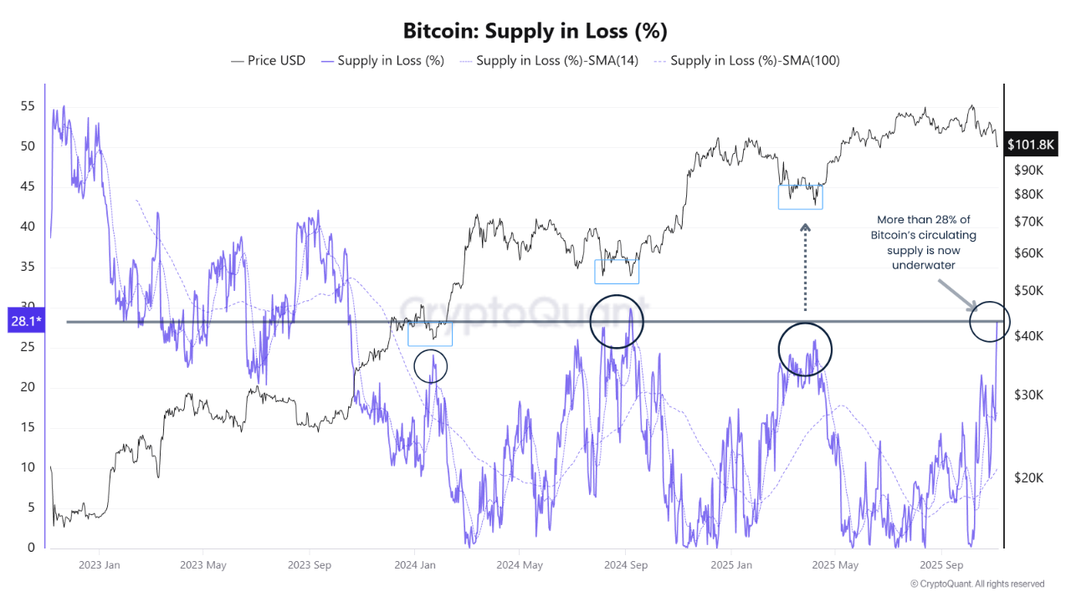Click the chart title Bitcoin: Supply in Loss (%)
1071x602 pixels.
[535, 31]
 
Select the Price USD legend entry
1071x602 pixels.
[268, 60]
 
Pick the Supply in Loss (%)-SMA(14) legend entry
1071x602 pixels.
[547, 60]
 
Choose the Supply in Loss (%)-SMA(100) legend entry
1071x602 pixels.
[746, 60]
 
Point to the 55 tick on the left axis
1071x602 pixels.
[27, 106]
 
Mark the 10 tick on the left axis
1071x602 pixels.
[27, 467]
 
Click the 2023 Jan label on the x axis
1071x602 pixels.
[100, 565]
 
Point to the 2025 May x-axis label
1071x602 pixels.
[837, 565]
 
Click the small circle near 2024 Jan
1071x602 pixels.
[431, 365]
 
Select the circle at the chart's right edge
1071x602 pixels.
[990, 321]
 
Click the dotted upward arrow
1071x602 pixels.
[805, 268]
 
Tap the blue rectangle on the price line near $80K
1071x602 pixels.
[800, 196]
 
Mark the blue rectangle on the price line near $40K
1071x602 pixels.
[430, 334]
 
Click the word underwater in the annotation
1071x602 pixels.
[922, 265]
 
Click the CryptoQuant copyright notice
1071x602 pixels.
[976, 584]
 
